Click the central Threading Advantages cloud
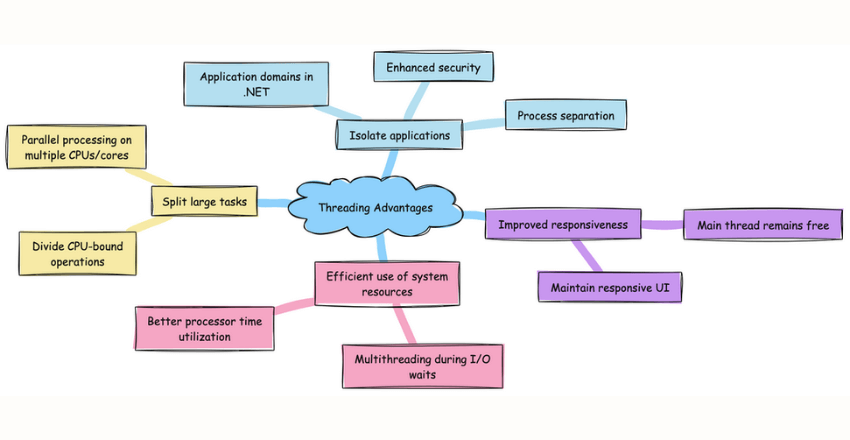pyautogui.click(x=375, y=207)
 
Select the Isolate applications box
pyautogui.click(x=399, y=133)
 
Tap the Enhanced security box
pyautogui.click(x=433, y=68)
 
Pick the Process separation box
pyautogui.click(x=565, y=115)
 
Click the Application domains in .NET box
pyautogui.click(x=258, y=85)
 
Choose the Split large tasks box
pyautogui.click(x=204, y=202)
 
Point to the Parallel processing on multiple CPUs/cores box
pyautogui.click(x=76, y=145)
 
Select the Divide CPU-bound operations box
pyautogui.click(x=78, y=253)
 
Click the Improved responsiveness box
pyautogui.click(x=562, y=225)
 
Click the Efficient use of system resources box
pyautogui.click(x=388, y=284)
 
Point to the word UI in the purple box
pyautogui.click(x=662, y=287)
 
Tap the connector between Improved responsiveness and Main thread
pyautogui.click(x=661, y=225)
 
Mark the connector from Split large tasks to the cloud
pyautogui.click(x=272, y=203)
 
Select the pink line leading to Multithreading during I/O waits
pyautogui.click(x=404, y=324)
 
